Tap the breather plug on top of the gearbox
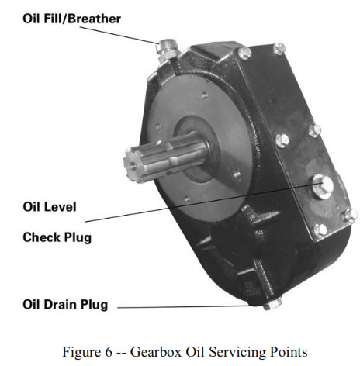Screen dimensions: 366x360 point(164,51)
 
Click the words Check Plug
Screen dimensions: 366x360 point(57,237)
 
